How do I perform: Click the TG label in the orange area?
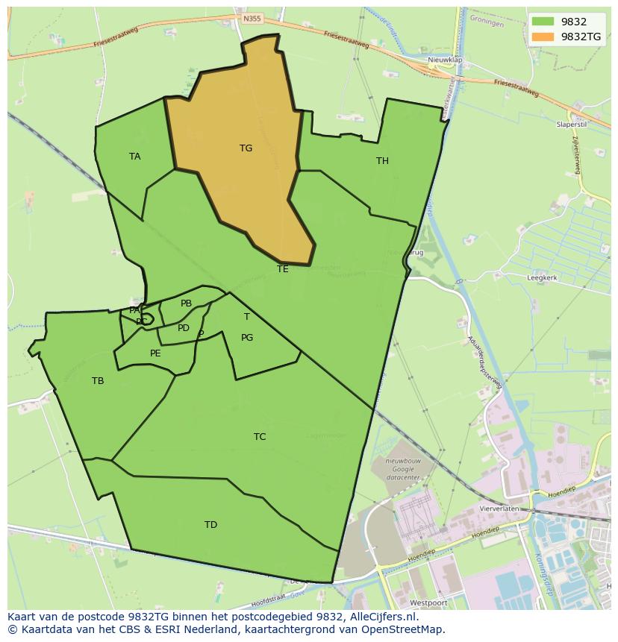click(246, 148)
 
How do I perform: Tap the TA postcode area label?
click(134, 157)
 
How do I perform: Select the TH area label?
click(382, 161)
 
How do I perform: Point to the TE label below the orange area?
click(282, 269)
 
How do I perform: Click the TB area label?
click(98, 381)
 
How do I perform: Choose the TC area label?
click(260, 437)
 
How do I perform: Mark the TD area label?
click(211, 525)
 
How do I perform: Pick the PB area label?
click(186, 303)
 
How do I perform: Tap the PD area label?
click(184, 328)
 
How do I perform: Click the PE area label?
click(155, 353)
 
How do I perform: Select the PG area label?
click(247, 338)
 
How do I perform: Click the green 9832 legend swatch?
click(543, 22)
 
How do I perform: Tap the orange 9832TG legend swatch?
click(543, 37)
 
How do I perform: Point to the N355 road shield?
click(253, 17)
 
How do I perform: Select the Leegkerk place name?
click(542, 277)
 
